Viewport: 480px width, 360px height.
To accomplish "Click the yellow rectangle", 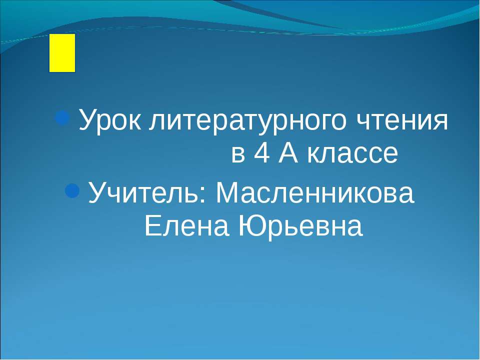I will (x=62, y=53).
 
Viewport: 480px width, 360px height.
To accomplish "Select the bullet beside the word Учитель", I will (x=72, y=191).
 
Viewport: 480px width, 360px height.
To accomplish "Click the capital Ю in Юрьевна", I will (x=248, y=226).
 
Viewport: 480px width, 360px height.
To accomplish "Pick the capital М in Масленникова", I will (x=225, y=193).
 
